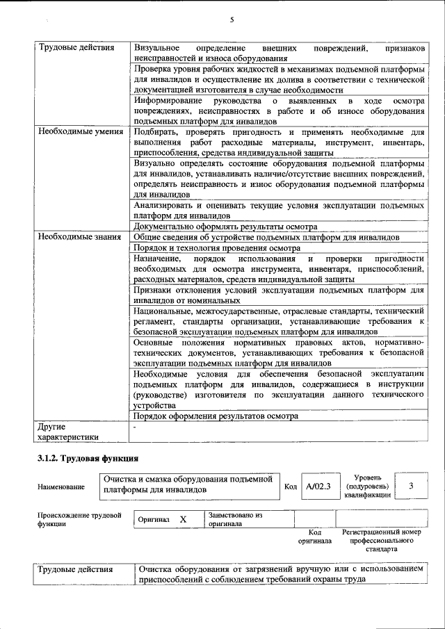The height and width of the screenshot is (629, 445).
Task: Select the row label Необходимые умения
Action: pyautogui.click(x=81, y=131)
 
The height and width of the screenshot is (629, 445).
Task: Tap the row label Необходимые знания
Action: pyautogui.click(x=79, y=237)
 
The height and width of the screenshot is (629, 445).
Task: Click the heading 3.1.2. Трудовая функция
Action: pyautogui.click(x=88, y=459)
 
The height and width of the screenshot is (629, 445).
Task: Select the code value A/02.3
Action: pyautogui.click(x=319, y=486)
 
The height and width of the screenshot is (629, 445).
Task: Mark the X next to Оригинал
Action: pyautogui.click(x=183, y=519)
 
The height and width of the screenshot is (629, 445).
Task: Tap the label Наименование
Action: pyautogui.click(x=61, y=487)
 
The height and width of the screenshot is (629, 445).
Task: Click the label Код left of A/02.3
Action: pyautogui.click(x=291, y=487)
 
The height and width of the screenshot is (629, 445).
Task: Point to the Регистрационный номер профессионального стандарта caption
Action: pyautogui.click(x=382, y=540)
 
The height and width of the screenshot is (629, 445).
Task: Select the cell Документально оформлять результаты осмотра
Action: pyautogui.click(x=225, y=227)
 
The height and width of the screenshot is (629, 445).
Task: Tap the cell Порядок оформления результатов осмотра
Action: pyautogui.click(x=216, y=416)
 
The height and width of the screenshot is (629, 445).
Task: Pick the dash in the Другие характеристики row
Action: pyautogui.click(x=136, y=426)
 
